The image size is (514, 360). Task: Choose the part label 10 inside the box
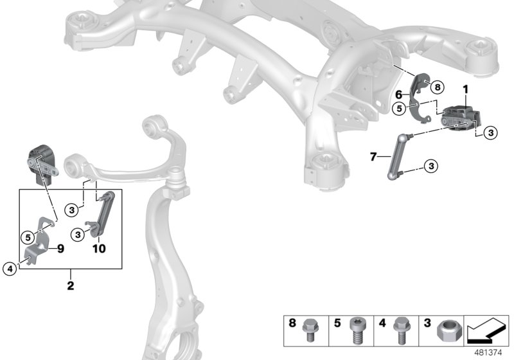(x=98, y=248)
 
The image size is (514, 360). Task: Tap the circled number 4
(x=9, y=269)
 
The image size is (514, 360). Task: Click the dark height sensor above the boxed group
(x=42, y=165)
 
